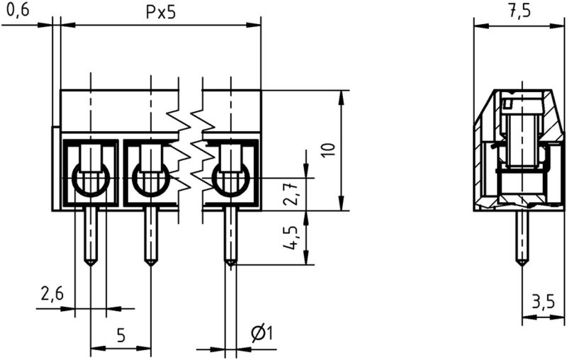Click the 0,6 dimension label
pyautogui.click(x=18, y=11)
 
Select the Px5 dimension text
pyautogui.click(x=161, y=13)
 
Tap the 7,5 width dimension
pyautogui.click(x=520, y=11)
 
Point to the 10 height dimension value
pyautogui.click(x=329, y=150)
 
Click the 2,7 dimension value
pyautogui.click(x=291, y=194)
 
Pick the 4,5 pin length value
pyautogui.click(x=291, y=239)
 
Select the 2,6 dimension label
pyautogui.click(x=52, y=294)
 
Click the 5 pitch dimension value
pyautogui.click(x=121, y=335)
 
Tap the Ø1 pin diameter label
pyautogui.click(x=262, y=333)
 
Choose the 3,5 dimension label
pyautogui.click(x=543, y=301)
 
